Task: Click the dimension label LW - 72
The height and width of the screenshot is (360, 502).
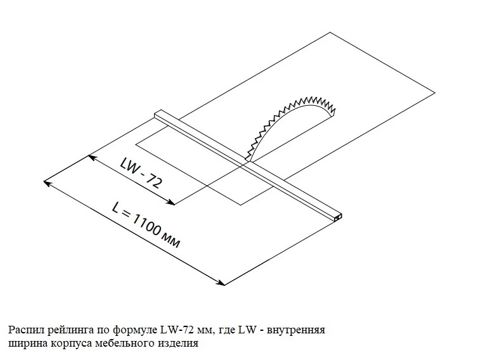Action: pos(140,172)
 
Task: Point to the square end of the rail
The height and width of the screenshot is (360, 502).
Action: pos(338,217)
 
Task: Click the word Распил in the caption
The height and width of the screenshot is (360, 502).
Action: pos(24,330)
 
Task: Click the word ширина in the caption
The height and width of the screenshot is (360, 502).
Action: pos(25,344)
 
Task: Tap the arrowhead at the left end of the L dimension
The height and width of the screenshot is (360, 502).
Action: pos(46,183)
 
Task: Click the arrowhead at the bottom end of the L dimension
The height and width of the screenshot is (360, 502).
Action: pos(222,283)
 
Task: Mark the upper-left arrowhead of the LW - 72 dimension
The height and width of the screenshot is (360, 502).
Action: pos(91,156)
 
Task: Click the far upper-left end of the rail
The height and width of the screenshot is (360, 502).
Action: pos(157,115)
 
